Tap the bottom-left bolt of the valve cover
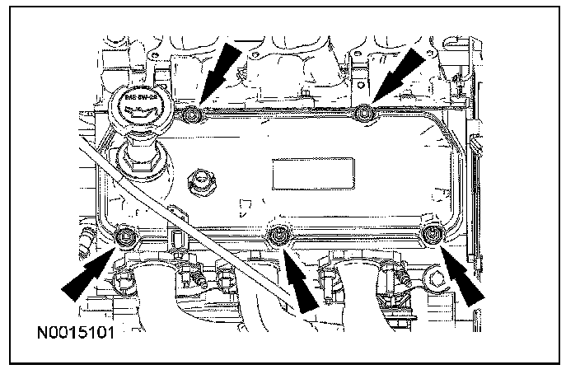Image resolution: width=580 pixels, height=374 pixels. click(125, 238)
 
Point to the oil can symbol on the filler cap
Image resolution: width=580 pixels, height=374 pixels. click(141, 114)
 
